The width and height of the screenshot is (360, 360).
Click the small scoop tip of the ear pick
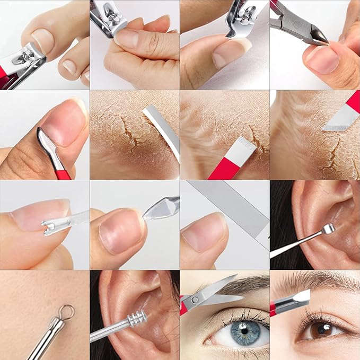(x=329, y=229)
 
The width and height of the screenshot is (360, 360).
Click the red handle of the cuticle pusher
(x=63, y=172)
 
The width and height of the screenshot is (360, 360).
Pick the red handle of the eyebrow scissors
(x=183, y=309)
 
